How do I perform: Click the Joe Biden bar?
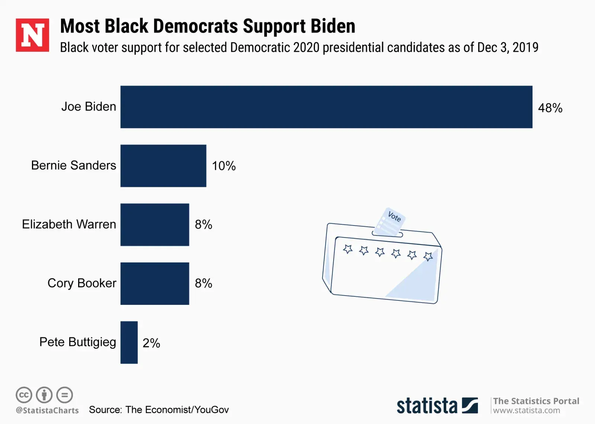click(326, 107)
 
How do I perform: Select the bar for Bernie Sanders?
click(163, 166)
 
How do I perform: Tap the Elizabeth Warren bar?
click(155, 224)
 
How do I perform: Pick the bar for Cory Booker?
click(155, 283)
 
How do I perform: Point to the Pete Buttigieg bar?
click(129, 342)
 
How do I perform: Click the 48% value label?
click(550, 108)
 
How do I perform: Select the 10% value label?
click(223, 166)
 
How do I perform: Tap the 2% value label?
click(151, 343)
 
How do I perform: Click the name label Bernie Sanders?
click(74, 165)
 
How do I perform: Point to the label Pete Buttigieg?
click(78, 342)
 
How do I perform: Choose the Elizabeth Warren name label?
click(69, 224)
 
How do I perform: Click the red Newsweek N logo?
click(32, 35)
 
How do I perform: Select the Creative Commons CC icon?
click(24, 395)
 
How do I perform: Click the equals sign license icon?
click(65, 395)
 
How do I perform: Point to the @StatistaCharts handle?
click(47, 410)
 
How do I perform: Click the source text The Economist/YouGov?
click(177, 409)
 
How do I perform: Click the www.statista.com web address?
click(526, 410)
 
